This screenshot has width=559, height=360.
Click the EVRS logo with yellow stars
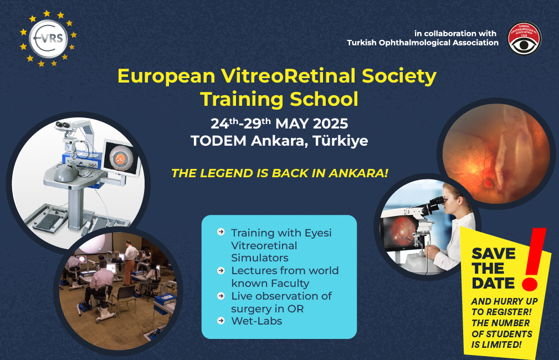[48, 39]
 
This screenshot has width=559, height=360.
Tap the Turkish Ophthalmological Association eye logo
[525, 39]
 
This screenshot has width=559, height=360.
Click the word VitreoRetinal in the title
[288, 76]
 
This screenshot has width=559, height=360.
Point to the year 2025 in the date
[330, 124]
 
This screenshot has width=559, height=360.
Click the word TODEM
[218, 141]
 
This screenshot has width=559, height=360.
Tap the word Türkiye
[340, 141]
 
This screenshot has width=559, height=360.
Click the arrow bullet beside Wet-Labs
[221, 321]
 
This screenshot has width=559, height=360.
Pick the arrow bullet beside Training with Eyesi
[221, 232]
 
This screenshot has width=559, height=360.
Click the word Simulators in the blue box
[259, 258]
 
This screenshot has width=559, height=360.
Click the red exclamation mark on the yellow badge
[534, 259]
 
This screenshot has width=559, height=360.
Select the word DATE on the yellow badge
[493, 283]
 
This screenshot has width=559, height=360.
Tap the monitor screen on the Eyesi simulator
[121, 158]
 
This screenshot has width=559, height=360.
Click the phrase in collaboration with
[455, 33]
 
